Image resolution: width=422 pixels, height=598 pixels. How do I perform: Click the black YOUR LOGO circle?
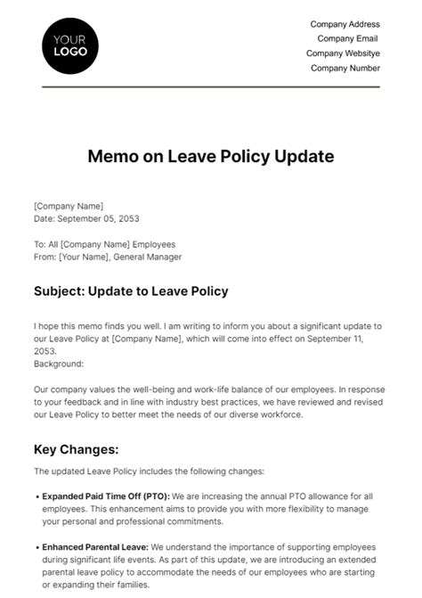[70, 45]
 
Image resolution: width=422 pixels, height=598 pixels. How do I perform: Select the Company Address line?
[345, 24]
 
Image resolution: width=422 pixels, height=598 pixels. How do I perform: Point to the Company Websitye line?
[344, 53]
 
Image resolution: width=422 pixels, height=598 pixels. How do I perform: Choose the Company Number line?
[346, 67]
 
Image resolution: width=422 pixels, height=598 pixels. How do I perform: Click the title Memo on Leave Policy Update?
[211, 157]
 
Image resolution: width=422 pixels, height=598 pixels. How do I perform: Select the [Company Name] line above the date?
[69, 206]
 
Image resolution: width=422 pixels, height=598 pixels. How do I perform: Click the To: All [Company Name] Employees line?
[104, 244]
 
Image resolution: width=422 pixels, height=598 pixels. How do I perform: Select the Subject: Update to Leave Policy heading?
[131, 291]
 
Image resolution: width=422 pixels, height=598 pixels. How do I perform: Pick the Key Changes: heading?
[77, 450]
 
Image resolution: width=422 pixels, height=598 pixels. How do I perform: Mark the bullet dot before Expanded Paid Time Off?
[37, 495]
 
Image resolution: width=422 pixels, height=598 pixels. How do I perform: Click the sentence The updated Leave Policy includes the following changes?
[150, 471]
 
